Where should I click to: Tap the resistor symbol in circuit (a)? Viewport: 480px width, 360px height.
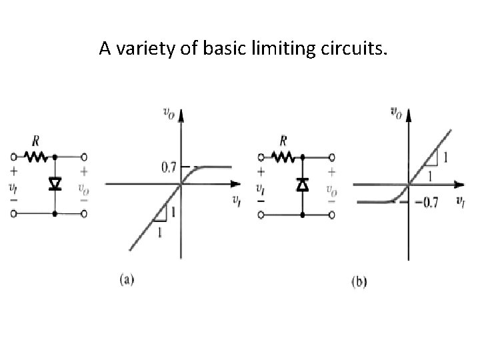[x=35, y=158]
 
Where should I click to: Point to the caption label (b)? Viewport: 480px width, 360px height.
[x=359, y=281]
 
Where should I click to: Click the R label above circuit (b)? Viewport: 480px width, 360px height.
[x=283, y=141]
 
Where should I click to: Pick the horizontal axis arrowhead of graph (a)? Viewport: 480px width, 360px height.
[x=235, y=183]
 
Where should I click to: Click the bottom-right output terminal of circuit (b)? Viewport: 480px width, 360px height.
[x=331, y=215]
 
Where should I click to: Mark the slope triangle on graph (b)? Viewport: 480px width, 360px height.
[x=431, y=157]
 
